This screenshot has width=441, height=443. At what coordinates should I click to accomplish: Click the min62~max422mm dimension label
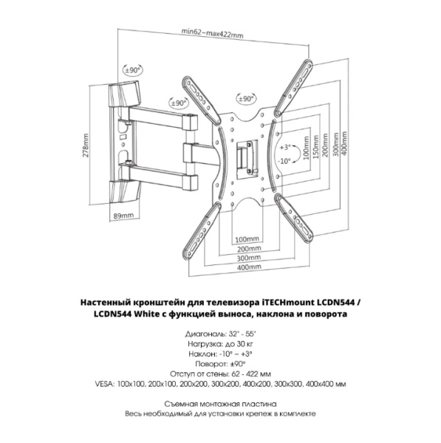[212, 32]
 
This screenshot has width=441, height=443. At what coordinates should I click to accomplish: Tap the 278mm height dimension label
[86, 145]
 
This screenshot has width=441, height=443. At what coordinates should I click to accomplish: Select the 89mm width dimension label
[123, 216]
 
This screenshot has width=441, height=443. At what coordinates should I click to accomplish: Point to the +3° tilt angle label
[285, 147]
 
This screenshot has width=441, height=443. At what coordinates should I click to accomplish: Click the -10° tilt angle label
[284, 161]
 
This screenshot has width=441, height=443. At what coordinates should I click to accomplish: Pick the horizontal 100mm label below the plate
[247, 239]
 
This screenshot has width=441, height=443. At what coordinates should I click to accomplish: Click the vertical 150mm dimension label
[315, 147]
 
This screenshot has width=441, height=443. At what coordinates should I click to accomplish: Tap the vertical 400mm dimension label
[344, 143]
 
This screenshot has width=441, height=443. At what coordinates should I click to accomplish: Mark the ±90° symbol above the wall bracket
[133, 70]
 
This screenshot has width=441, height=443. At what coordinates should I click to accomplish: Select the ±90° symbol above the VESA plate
[246, 99]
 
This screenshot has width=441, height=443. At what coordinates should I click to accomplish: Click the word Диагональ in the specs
[205, 334]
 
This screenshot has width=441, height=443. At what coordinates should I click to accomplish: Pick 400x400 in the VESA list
[321, 384]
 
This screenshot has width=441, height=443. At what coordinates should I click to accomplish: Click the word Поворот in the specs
[210, 364]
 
